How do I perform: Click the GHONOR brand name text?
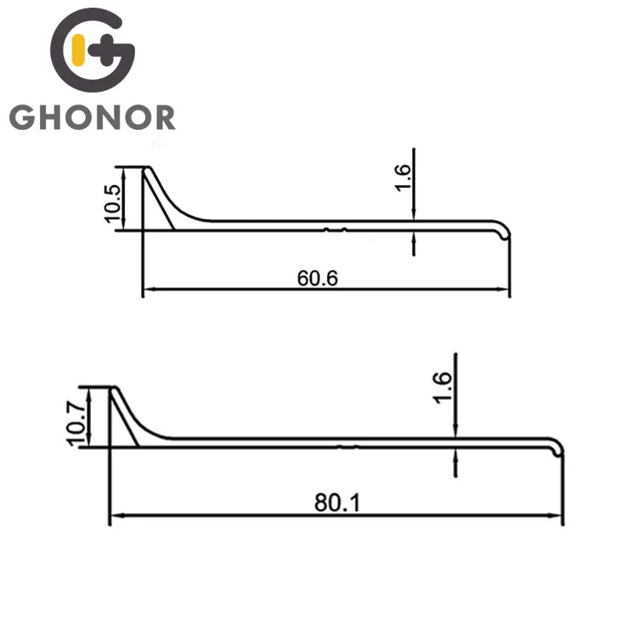click(93, 116)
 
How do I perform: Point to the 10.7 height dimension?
click(76, 417)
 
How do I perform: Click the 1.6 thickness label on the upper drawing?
click(403, 178)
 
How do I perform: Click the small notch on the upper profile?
click(337, 228)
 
